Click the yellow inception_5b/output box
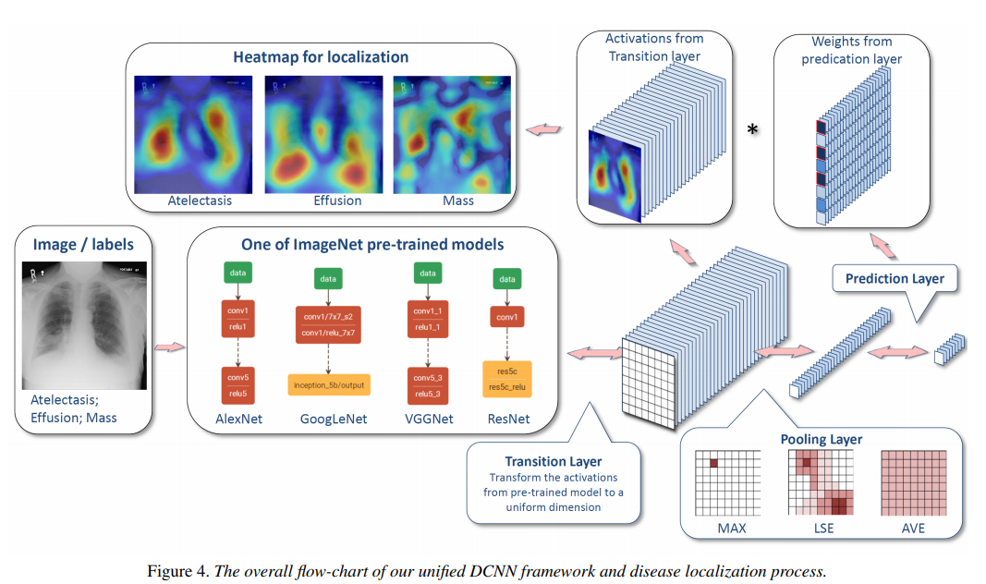pos(329,383)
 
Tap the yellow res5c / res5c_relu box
pos(507,377)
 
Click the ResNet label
pos(508,419)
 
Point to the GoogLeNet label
pos(334,419)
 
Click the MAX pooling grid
pos(727,482)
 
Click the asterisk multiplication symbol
pos(752,129)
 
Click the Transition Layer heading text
pos(553,461)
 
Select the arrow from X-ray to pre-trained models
pos(169,347)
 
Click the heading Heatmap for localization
pos(321,57)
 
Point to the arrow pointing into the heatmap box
pos(543,130)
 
